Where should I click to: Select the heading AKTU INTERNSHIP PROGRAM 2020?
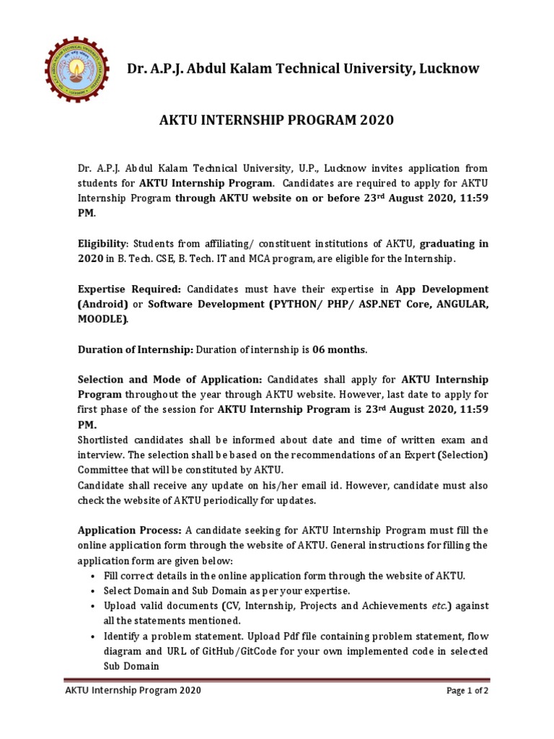click(276, 120)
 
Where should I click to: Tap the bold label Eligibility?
click(102, 244)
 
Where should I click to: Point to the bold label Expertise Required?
click(129, 289)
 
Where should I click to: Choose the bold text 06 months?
click(339, 349)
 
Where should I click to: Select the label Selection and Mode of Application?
click(170, 380)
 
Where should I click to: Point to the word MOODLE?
click(104, 319)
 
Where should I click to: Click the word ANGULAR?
click(454, 304)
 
